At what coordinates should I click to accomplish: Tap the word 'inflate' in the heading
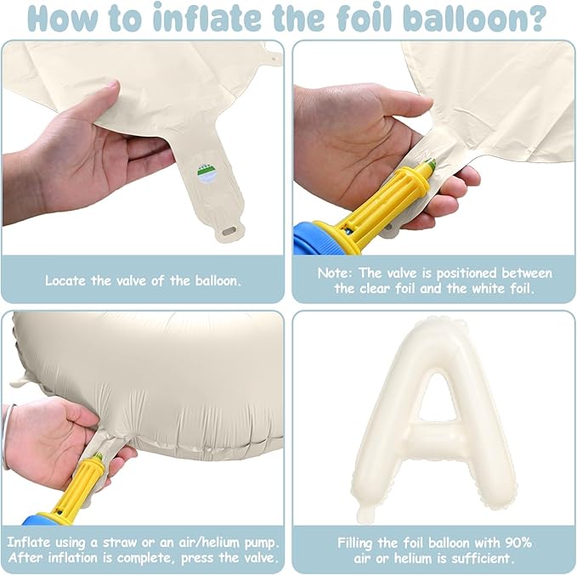point(206,17)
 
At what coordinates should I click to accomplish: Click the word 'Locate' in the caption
point(66,280)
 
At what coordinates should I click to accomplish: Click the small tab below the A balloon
point(365,514)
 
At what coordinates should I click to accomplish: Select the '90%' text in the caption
point(518,543)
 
